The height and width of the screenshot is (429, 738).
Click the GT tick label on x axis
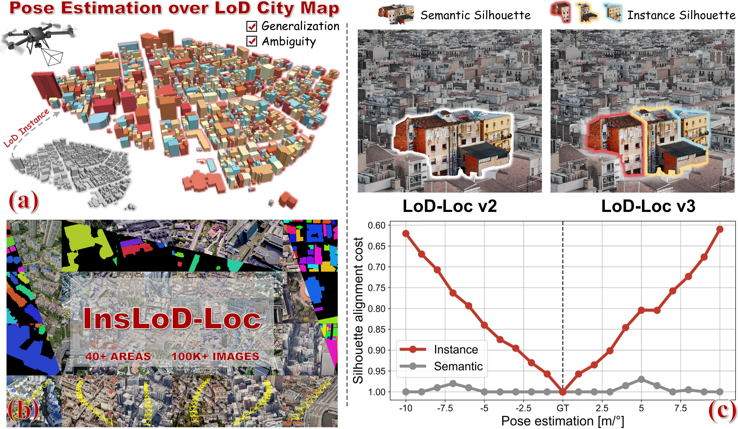pos(563,408)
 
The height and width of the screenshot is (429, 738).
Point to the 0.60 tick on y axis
pos(377,225)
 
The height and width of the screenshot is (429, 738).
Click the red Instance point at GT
pos(563,392)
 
